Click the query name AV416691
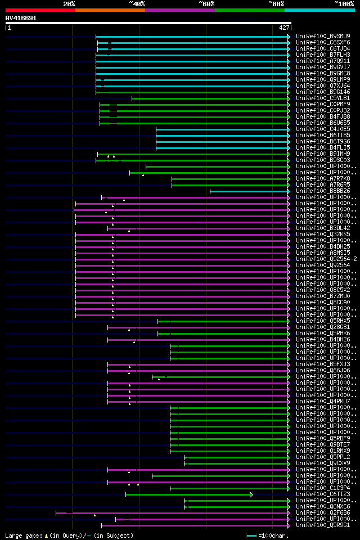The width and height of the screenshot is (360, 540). (x=21, y=18)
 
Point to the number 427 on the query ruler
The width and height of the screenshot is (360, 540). (x=284, y=28)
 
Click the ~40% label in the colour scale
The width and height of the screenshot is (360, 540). (x=137, y=4)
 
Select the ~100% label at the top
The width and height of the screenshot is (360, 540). (x=344, y=4)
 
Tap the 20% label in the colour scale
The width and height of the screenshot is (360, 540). (x=69, y=4)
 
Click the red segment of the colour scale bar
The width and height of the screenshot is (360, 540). (x=40, y=10)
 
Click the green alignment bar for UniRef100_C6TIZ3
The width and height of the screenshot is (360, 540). (x=188, y=494)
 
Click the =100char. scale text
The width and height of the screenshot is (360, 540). (x=274, y=535)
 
